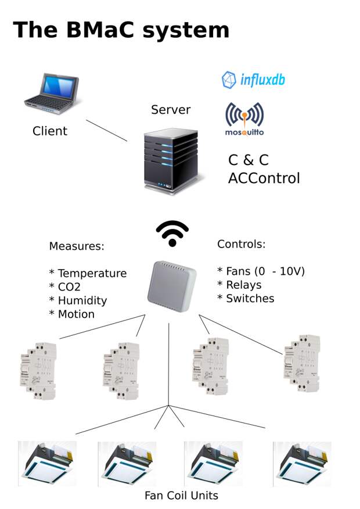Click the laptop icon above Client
pos(52,94)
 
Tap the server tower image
pos(171,161)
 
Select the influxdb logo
pos(253,80)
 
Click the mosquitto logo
pos(244,119)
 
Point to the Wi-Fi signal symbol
pos(172,234)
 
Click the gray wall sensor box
pos(172,286)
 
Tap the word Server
pos(171,110)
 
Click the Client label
pos(50,131)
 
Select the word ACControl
pos(264,178)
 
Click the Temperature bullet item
pos(88,273)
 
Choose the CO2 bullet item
pos(65,287)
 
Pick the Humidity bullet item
pos(78,300)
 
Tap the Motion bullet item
pos(71,314)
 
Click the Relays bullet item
pos(239,285)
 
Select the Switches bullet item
pos(246,299)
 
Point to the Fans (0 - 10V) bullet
pos(261,271)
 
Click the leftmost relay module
pos(38,371)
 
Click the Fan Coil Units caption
pos(181,496)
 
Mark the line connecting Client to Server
pos(106,131)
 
